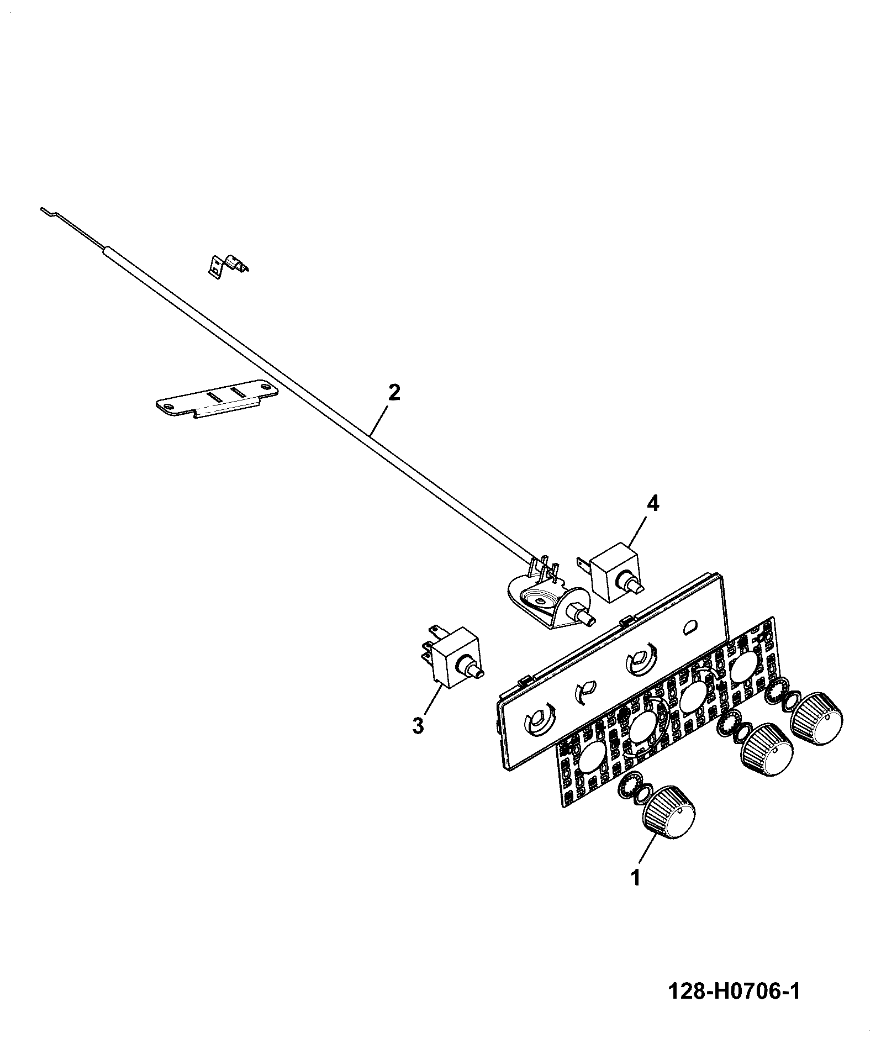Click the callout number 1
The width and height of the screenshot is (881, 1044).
[x=636, y=893]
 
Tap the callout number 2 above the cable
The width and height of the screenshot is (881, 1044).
[x=394, y=393]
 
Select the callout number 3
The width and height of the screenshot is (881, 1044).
[x=418, y=725]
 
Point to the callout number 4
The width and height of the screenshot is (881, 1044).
[x=653, y=504]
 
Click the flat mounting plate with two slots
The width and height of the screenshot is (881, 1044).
[x=216, y=397]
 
